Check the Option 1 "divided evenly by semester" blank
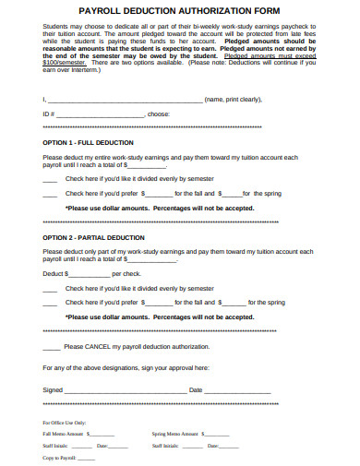click(50, 179)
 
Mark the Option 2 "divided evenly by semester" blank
click(50, 288)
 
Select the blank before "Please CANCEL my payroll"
click(52, 347)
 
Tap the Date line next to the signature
click(237, 390)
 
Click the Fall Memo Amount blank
click(101, 434)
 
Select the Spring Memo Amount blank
click(215, 434)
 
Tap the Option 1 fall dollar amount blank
click(160, 194)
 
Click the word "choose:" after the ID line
click(159, 114)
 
